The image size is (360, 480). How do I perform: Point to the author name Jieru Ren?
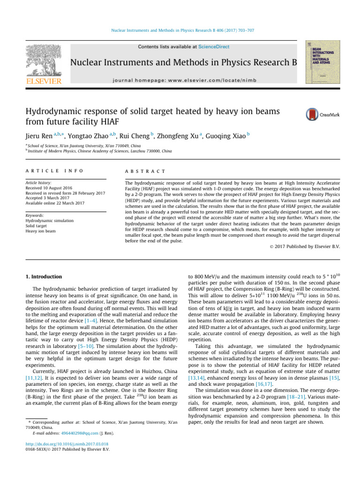point(37,135)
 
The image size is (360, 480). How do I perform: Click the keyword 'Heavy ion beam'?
point(40,231)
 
